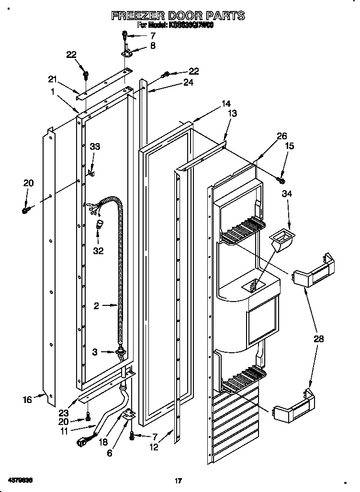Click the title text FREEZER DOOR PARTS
pos(178,16)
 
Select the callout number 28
pos(318,339)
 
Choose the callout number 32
pos(98,250)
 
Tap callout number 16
pos(27,399)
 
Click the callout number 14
pos(226,103)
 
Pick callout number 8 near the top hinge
pos(153,46)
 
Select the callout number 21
pos(52,79)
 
